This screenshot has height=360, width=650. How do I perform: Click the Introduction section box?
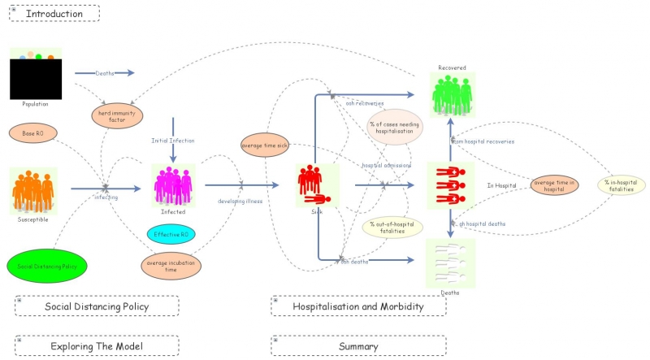(54, 13)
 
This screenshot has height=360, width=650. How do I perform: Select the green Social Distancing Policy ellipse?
(46, 267)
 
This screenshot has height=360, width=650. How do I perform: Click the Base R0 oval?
(33, 132)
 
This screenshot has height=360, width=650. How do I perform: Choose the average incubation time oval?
(171, 266)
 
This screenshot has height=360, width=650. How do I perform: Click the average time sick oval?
(264, 146)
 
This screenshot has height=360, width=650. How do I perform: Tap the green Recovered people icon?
(452, 95)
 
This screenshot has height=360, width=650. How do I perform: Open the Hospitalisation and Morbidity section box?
(358, 306)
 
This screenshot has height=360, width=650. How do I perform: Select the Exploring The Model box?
(97, 346)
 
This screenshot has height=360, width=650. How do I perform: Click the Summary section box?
(358, 346)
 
